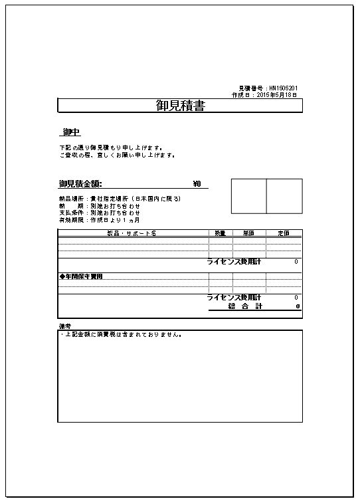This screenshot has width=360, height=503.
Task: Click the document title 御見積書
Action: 180,106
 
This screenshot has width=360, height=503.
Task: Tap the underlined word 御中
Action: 71,133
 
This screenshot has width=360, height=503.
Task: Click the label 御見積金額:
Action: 80,184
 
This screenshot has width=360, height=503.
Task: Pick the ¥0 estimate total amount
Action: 197,184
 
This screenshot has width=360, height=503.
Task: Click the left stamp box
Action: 248,196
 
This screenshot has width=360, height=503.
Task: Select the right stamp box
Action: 284,196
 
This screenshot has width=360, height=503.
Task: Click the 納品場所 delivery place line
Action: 120,199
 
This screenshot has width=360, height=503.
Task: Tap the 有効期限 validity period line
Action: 99,219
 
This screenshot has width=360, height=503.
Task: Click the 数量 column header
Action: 221,233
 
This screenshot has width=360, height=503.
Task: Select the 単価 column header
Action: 248,233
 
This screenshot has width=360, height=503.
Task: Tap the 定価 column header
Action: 284,233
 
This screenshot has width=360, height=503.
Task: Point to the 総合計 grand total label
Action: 245,306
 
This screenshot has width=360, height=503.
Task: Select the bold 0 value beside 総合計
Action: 298,306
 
